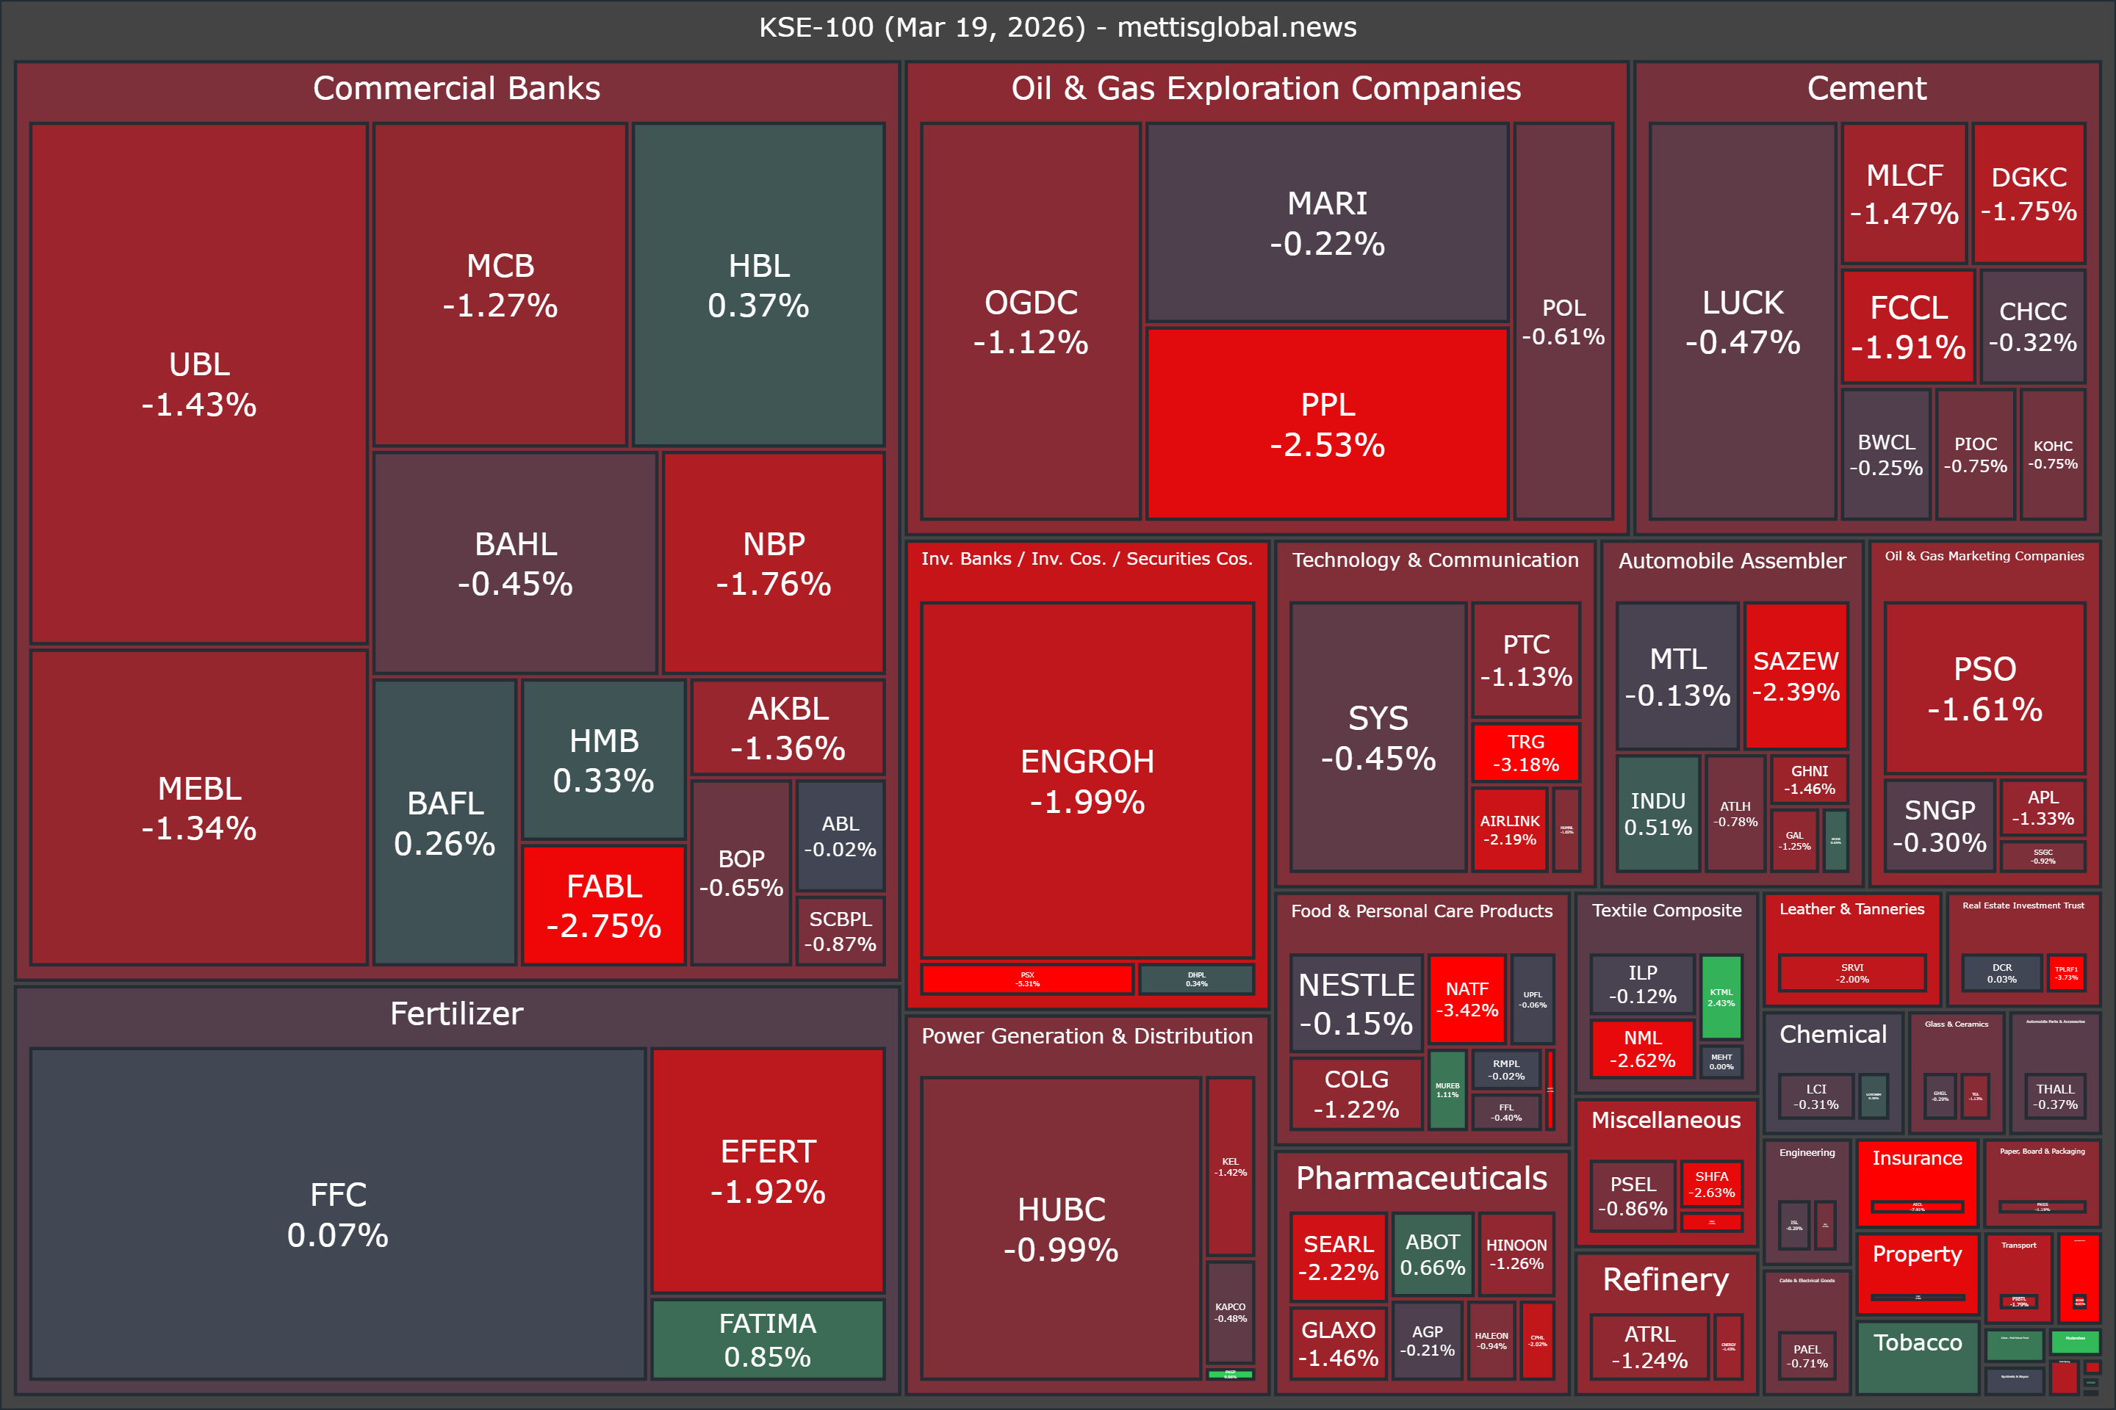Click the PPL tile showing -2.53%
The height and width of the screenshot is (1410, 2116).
coord(1327,424)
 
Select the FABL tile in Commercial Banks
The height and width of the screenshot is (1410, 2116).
coord(604,905)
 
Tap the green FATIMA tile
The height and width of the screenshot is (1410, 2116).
coord(767,1339)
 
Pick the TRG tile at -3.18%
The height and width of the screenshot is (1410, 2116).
coord(1526,753)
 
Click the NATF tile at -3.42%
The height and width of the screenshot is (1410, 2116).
coord(1467,999)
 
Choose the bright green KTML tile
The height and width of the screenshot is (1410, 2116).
coord(1721,997)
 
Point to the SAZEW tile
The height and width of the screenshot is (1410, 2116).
coord(1796,676)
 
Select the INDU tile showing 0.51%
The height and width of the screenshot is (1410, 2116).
coord(1658,814)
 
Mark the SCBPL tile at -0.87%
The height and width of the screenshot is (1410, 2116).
coord(841,930)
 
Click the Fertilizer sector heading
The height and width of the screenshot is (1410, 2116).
coord(456,1013)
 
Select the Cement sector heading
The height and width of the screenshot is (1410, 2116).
coord(1867,88)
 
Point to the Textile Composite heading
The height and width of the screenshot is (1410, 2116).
coord(1666,910)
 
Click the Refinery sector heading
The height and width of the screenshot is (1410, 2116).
coord(1666,1279)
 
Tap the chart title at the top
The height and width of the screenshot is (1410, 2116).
coord(1058,27)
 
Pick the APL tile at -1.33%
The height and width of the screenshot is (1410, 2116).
coord(2043,808)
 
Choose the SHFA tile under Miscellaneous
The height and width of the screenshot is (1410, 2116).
coord(1711,1185)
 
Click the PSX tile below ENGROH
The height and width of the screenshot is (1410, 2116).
coord(1026,979)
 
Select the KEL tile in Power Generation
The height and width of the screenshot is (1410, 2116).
coord(1230,1166)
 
